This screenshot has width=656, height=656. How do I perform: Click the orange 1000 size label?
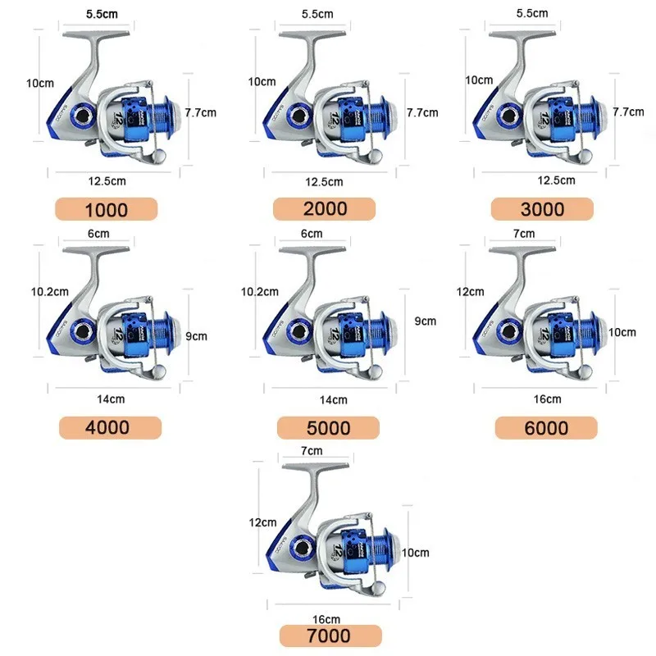tap(107, 209)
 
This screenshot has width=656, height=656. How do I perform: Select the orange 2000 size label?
tap(326, 208)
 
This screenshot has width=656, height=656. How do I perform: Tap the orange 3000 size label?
tap(543, 208)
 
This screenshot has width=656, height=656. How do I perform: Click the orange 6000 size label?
tap(545, 427)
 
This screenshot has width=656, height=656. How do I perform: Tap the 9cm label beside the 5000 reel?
tap(426, 321)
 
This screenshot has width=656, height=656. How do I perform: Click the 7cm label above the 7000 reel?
tap(312, 450)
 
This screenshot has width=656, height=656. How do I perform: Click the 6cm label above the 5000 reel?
tap(312, 234)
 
